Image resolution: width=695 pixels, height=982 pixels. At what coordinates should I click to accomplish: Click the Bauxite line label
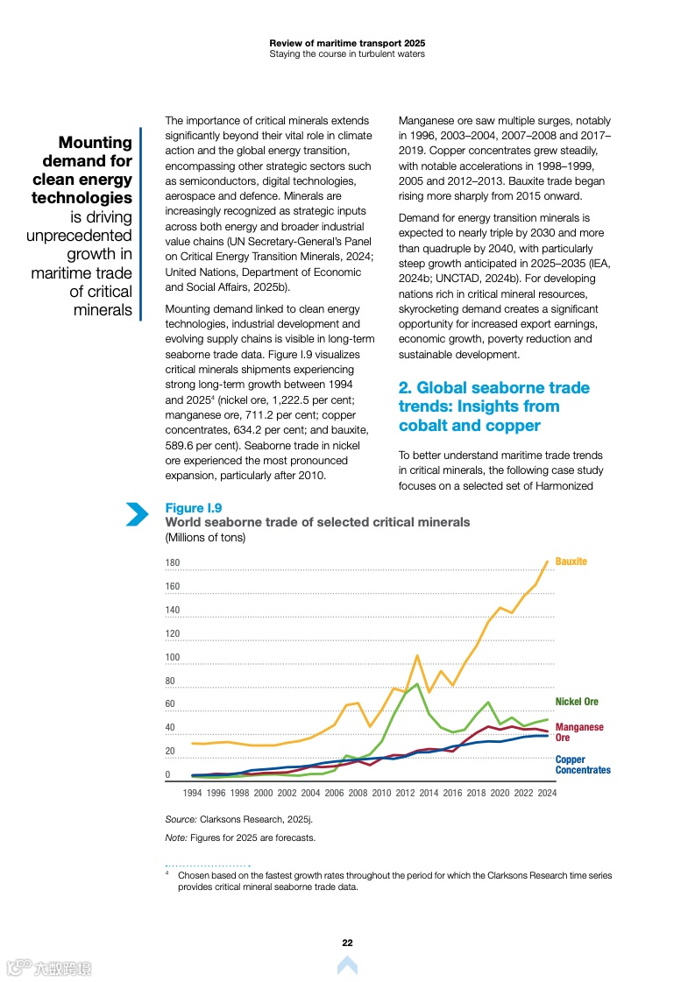[571, 562]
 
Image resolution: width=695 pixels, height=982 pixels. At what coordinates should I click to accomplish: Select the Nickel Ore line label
[577, 702]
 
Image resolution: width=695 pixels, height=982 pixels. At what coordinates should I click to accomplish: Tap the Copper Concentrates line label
[583, 765]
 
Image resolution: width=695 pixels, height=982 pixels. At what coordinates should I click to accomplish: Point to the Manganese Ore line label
[579, 732]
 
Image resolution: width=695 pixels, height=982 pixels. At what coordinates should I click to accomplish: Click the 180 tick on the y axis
[173, 563]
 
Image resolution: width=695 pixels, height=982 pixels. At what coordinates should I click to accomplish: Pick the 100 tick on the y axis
[173, 658]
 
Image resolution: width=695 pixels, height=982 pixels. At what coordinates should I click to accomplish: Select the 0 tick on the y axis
[168, 775]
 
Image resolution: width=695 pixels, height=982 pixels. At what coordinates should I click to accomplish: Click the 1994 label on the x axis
[192, 793]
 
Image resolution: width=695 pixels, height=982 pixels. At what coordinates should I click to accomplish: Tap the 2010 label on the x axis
[381, 793]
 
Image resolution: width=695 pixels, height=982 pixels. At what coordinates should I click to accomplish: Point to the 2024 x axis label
[547, 793]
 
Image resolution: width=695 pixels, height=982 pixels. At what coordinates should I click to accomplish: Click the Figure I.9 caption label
[194, 508]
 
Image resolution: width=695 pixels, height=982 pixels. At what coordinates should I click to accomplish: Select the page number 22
[347, 943]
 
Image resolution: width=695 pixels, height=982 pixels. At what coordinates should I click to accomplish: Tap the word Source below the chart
[181, 819]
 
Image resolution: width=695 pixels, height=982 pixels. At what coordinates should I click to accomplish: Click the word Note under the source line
[176, 837]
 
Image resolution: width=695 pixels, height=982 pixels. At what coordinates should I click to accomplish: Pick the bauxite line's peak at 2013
[417, 655]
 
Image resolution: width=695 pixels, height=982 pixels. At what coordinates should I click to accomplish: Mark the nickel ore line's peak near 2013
[416, 684]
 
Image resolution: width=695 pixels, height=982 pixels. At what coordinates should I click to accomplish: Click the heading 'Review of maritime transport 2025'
[347, 42]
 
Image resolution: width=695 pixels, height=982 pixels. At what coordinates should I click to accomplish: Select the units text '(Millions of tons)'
[205, 537]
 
